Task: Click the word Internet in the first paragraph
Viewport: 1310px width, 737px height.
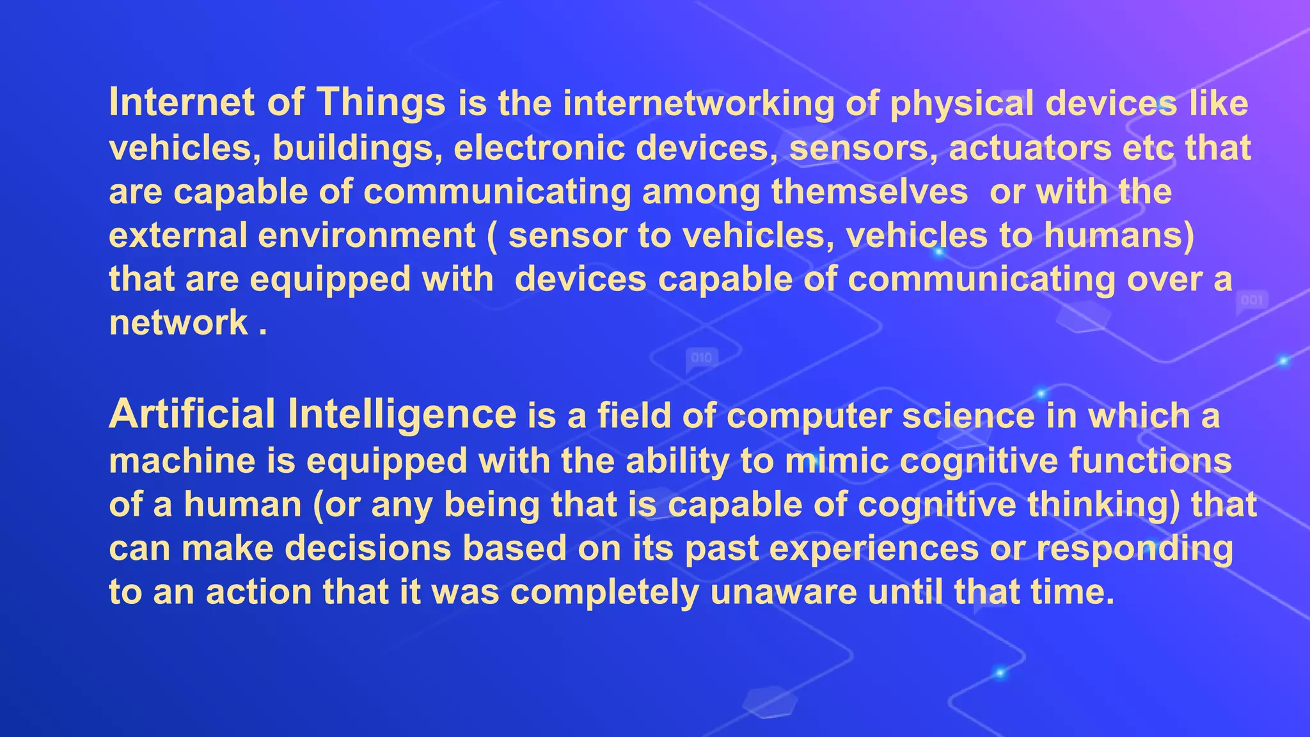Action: point(182,102)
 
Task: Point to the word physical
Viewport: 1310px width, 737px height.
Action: point(961,104)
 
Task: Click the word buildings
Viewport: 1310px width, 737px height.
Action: point(357,148)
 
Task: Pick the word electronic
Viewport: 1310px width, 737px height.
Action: point(539,148)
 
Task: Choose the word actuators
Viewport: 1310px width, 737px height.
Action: point(1030,148)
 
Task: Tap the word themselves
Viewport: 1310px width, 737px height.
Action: point(869,191)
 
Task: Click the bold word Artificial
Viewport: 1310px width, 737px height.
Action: point(192,414)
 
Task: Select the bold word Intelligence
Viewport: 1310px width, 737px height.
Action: point(402,414)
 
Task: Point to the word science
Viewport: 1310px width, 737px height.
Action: point(968,416)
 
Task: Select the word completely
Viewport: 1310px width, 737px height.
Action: point(604,592)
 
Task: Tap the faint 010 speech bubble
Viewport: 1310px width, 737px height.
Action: point(702,359)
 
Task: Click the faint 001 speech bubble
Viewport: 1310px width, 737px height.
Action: point(1252,301)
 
